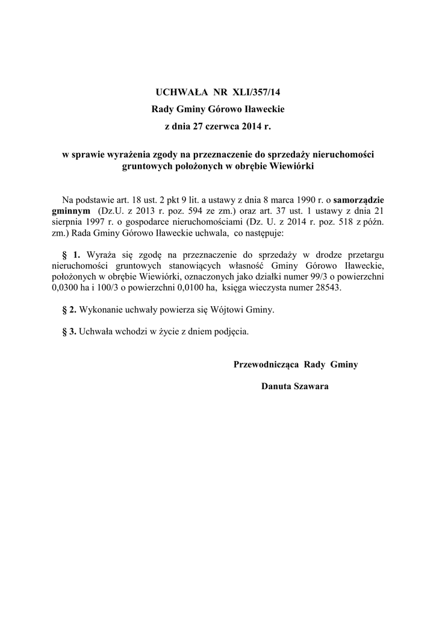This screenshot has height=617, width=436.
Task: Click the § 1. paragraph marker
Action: (72, 254)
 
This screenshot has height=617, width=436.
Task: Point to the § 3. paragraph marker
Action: (69, 331)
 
